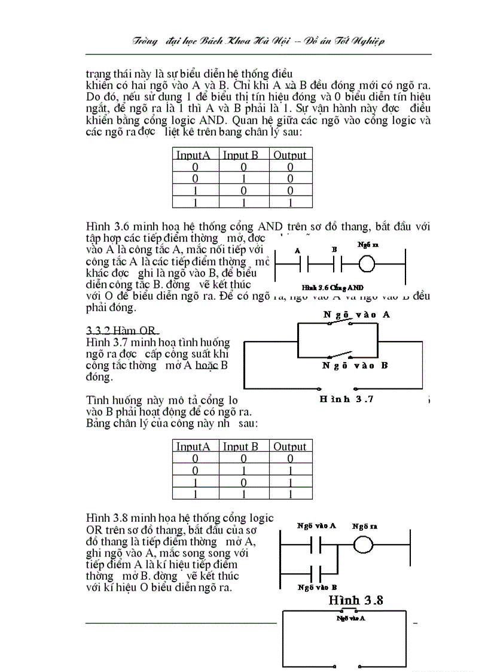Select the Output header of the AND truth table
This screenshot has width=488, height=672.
pyautogui.click(x=290, y=155)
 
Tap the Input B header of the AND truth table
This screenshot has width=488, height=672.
pyautogui.click(x=240, y=155)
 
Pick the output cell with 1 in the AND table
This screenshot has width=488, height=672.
pyautogui.click(x=290, y=202)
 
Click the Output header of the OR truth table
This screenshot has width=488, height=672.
pyautogui.click(x=290, y=446)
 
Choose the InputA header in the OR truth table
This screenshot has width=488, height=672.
pyautogui.click(x=193, y=446)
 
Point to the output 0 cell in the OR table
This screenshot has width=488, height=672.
pyautogui.click(x=290, y=458)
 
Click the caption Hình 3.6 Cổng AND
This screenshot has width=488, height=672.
pyautogui.click(x=337, y=288)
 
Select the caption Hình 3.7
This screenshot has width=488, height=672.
pyautogui.click(x=347, y=399)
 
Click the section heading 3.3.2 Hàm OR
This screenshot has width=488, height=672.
pyautogui.click(x=122, y=330)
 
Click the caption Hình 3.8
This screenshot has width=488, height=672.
pyautogui.click(x=356, y=600)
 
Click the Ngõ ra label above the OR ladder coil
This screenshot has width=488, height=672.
pyautogui.click(x=364, y=527)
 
